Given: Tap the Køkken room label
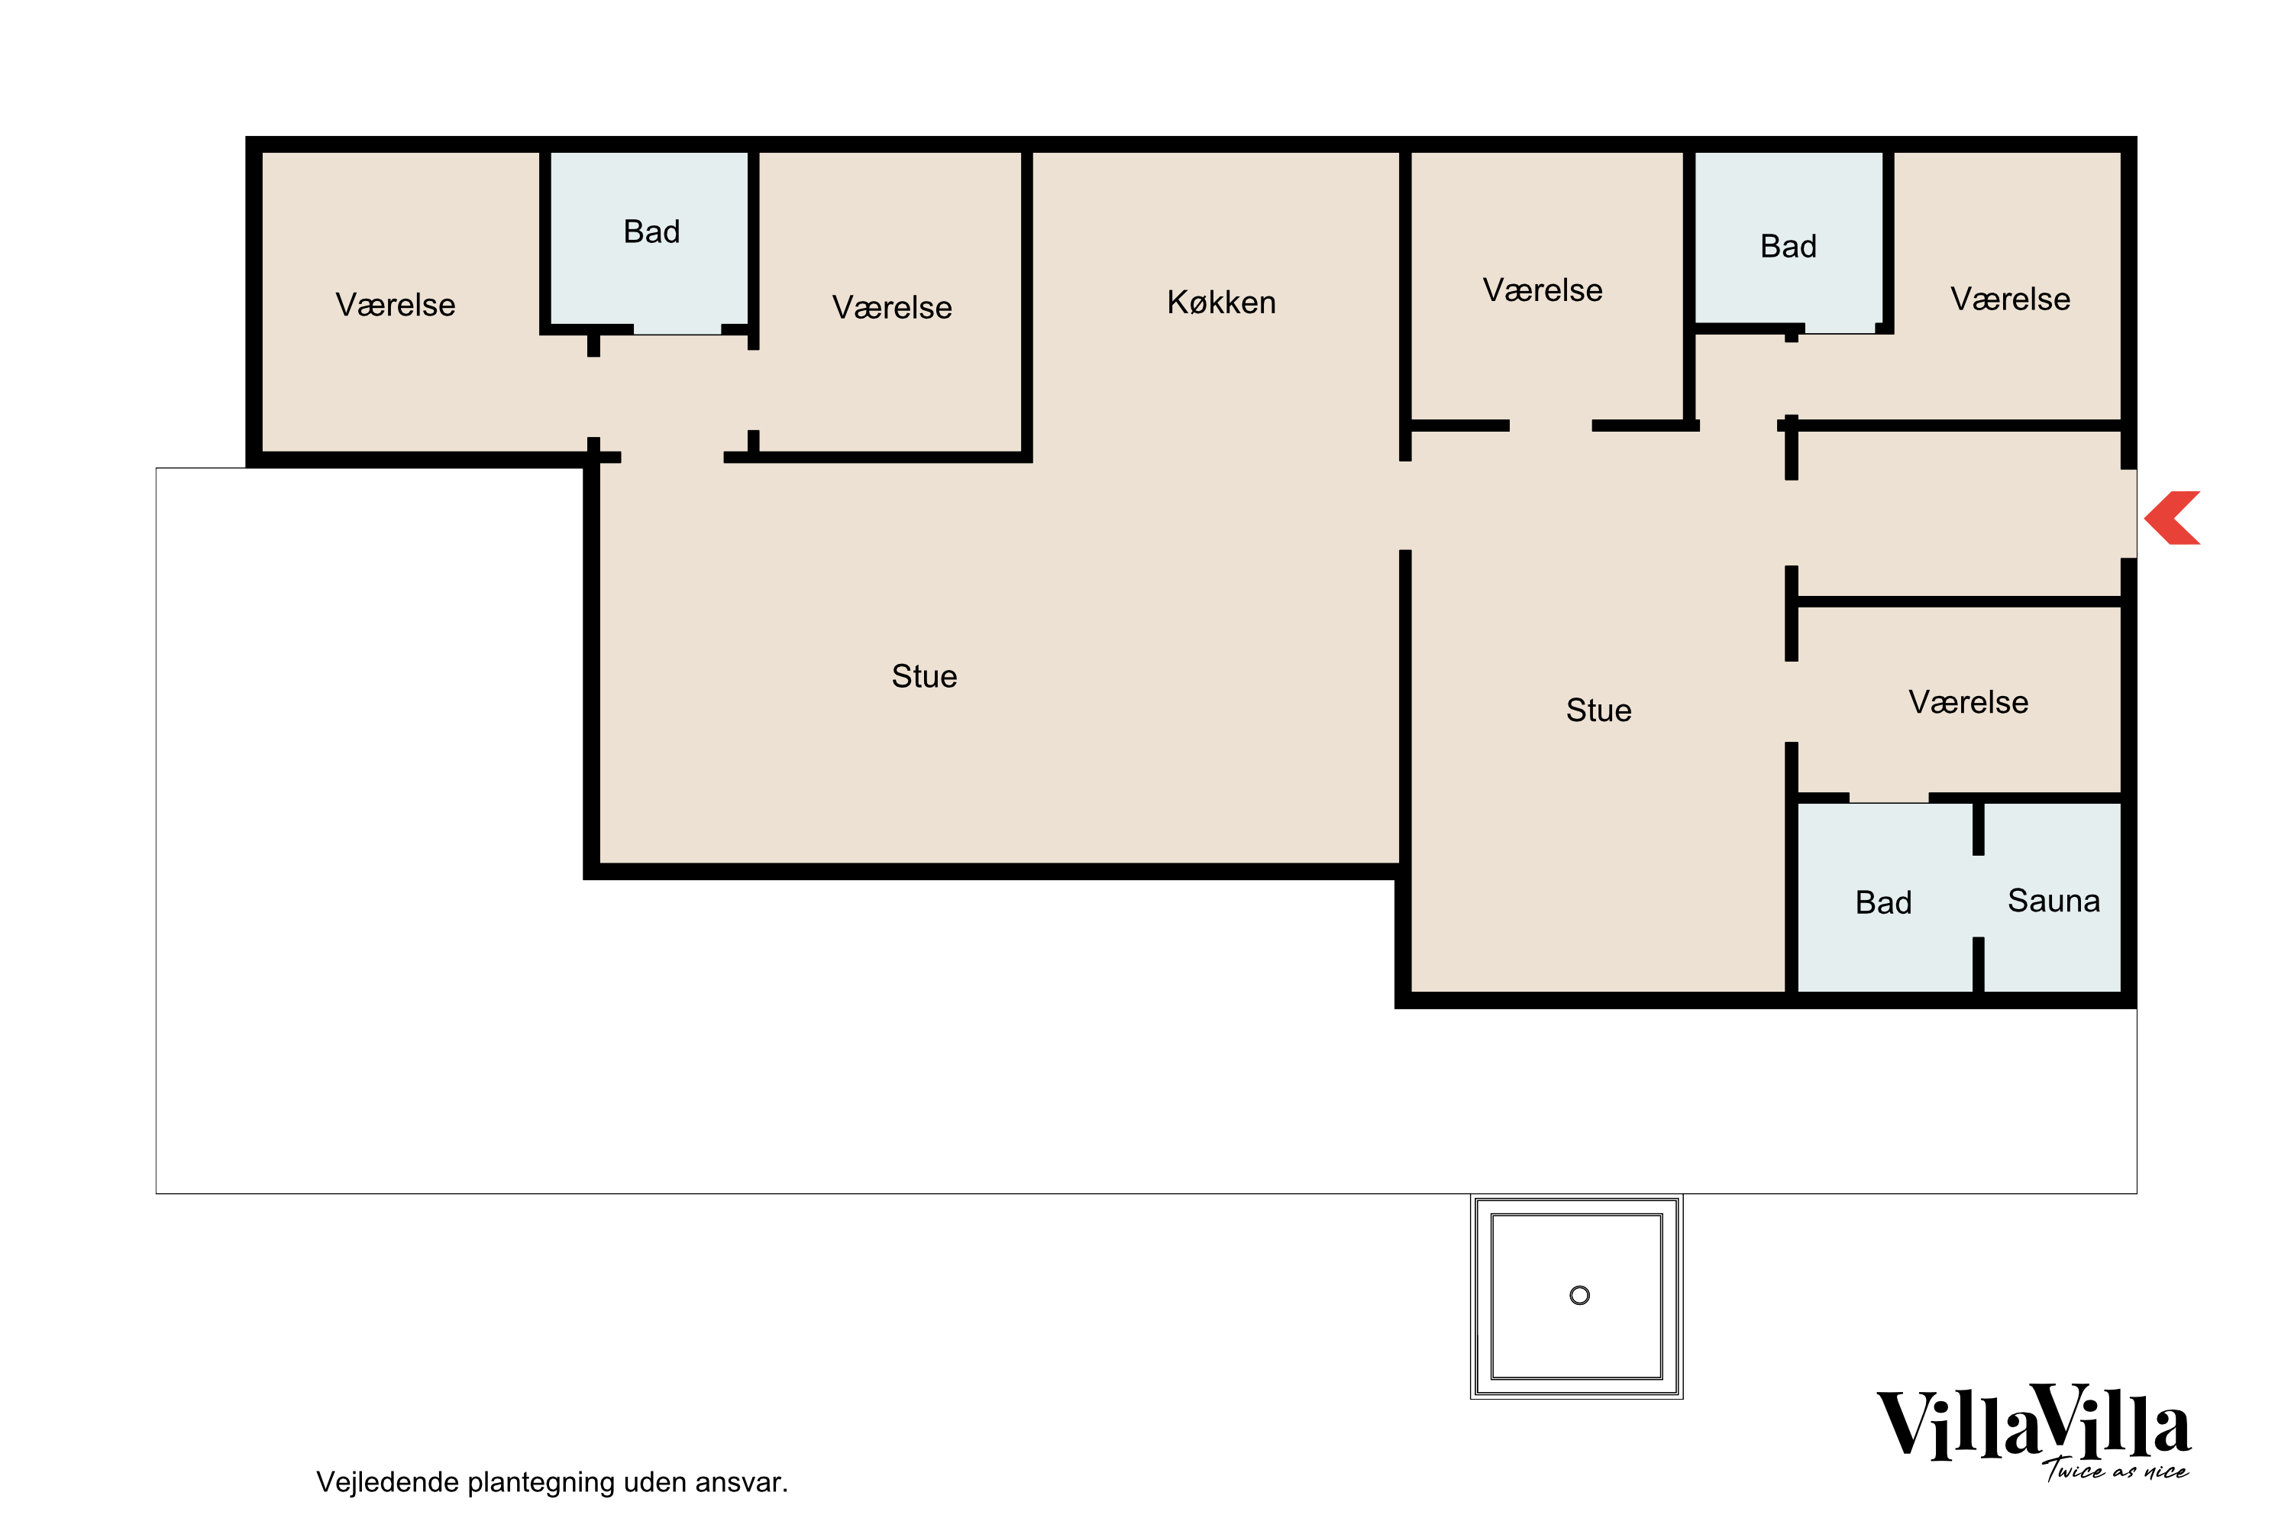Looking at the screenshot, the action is pos(1221,303).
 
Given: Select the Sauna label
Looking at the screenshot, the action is pos(2053,901).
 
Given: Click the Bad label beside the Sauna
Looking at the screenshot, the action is pos(1883,902).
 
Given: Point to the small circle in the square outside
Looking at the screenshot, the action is pos(1580,1295).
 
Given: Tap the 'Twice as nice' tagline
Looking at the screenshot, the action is pos(2115,1469).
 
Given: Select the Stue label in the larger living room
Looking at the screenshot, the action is pos(924,676).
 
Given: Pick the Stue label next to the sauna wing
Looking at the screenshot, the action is pos(1598,711).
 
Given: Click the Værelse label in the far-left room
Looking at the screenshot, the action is pos(396,305).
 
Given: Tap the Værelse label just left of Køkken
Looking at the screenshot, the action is pos(892,308).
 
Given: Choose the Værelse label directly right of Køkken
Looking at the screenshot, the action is pos(1543,290).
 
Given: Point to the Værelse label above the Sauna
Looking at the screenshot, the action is pos(1969,703).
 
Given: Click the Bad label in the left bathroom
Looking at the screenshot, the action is pos(651,232).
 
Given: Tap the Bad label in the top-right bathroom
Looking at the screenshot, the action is pos(1789,247).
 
